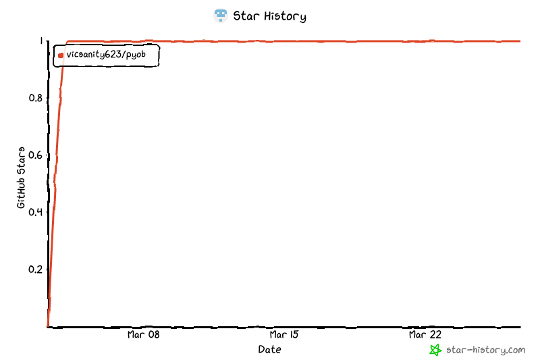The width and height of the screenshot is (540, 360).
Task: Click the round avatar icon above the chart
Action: coord(221,16)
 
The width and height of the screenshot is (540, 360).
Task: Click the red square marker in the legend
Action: coord(61,55)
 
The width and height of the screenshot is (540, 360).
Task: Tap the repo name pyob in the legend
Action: coord(137,55)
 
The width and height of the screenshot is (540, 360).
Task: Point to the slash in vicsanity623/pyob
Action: coord(125,55)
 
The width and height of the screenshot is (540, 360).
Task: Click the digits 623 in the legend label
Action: coord(115,55)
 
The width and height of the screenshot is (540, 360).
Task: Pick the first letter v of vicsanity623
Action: coord(69,55)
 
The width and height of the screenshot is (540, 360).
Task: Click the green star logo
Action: coord(436,350)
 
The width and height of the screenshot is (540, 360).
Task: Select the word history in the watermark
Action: coord(488,350)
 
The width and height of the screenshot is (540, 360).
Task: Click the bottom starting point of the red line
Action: coord(47,325)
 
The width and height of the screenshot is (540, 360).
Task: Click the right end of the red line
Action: coord(519,41)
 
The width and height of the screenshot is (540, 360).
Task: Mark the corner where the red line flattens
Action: coord(67,42)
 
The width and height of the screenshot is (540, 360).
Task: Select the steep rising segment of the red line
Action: coord(55,189)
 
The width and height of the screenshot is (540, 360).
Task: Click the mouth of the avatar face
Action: coord(221,19)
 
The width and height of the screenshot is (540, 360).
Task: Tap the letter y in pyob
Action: coord(133,55)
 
